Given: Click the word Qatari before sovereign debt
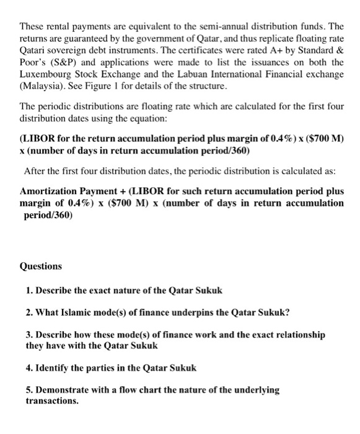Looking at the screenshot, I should point(35,49).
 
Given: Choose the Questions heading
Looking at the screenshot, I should point(41,266).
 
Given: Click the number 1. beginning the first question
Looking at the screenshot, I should point(30,290).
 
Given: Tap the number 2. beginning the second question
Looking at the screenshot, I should point(30,312).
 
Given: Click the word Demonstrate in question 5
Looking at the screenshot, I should point(63,390).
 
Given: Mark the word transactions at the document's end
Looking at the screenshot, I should point(52,401).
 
